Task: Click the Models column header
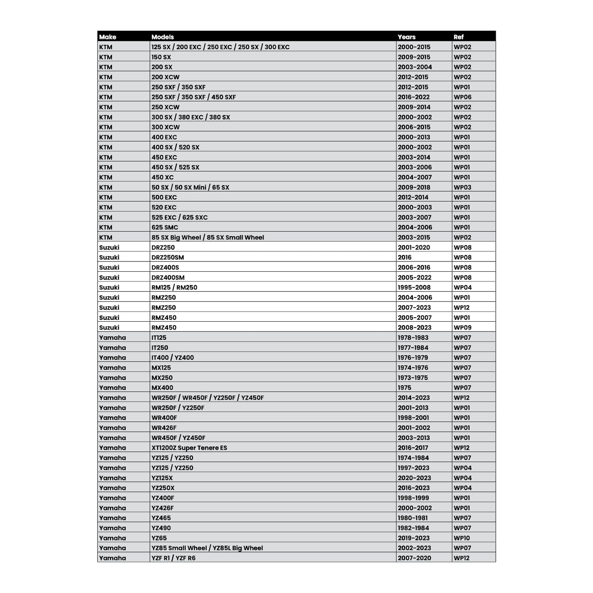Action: pos(163,37)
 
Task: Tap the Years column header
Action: pos(406,37)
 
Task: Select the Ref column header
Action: pos(458,37)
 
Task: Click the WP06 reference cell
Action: pos(462,97)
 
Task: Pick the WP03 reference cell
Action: pos(462,188)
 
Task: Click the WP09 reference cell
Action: pos(462,328)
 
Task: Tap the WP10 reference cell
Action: pos(462,538)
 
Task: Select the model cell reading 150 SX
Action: pos(161,57)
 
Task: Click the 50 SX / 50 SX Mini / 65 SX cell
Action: pos(190,188)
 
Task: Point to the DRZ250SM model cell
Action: pos(167,258)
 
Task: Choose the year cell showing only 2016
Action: pos(405,258)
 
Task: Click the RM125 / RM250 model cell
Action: pos(174,288)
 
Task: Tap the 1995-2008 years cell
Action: pos(414,288)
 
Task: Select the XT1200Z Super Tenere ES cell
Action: pos(189,448)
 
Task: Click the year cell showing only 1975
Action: pos(405,388)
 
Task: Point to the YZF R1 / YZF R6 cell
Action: pos(173,558)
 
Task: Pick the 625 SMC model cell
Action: pos(165,227)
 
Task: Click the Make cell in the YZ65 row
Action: pos(112,538)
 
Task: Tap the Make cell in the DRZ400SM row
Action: pos(109,277)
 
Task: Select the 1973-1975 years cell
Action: pos(413,378)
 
